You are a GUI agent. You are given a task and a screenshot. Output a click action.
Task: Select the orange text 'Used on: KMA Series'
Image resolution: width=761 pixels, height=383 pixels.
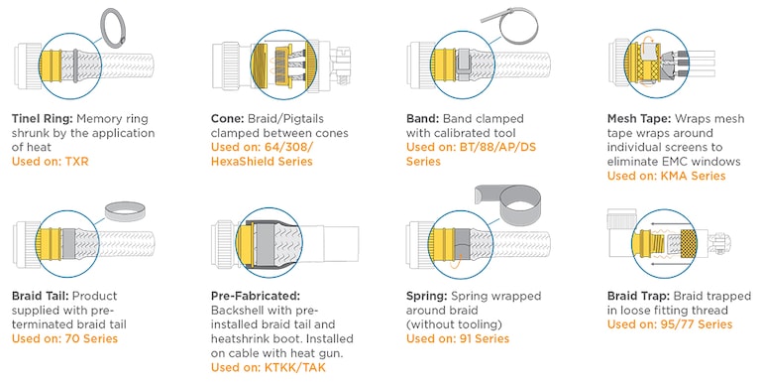coord(666,176)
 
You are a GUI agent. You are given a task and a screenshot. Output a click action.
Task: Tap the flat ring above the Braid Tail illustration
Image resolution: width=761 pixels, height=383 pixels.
coord(126,211)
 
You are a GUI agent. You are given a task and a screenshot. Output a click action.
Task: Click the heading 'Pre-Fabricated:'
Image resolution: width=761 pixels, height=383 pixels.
coord(256,296)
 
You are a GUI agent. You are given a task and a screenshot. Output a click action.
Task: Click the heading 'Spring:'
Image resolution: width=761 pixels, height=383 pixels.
coord(432,296)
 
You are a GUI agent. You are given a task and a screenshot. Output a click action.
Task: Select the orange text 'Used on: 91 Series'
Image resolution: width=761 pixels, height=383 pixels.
coord(458,338)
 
